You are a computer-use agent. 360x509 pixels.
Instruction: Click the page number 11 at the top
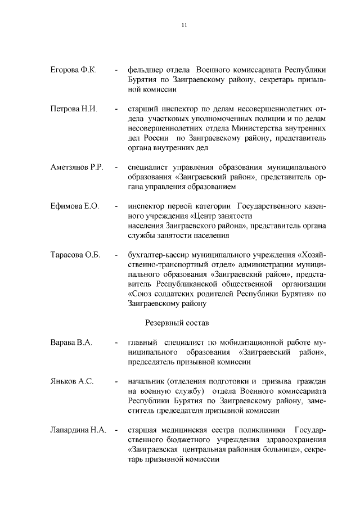[x=184, y=25]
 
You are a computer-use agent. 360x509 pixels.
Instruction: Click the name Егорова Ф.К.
[x=74, y=70]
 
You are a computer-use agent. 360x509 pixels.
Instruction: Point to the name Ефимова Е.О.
[x=74, y=206]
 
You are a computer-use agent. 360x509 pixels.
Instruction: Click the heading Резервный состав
[x=177, y=323]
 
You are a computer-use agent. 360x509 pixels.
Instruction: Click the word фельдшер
[x=146, y=70]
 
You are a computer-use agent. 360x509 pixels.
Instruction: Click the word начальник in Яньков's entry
[x=147, y=381]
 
